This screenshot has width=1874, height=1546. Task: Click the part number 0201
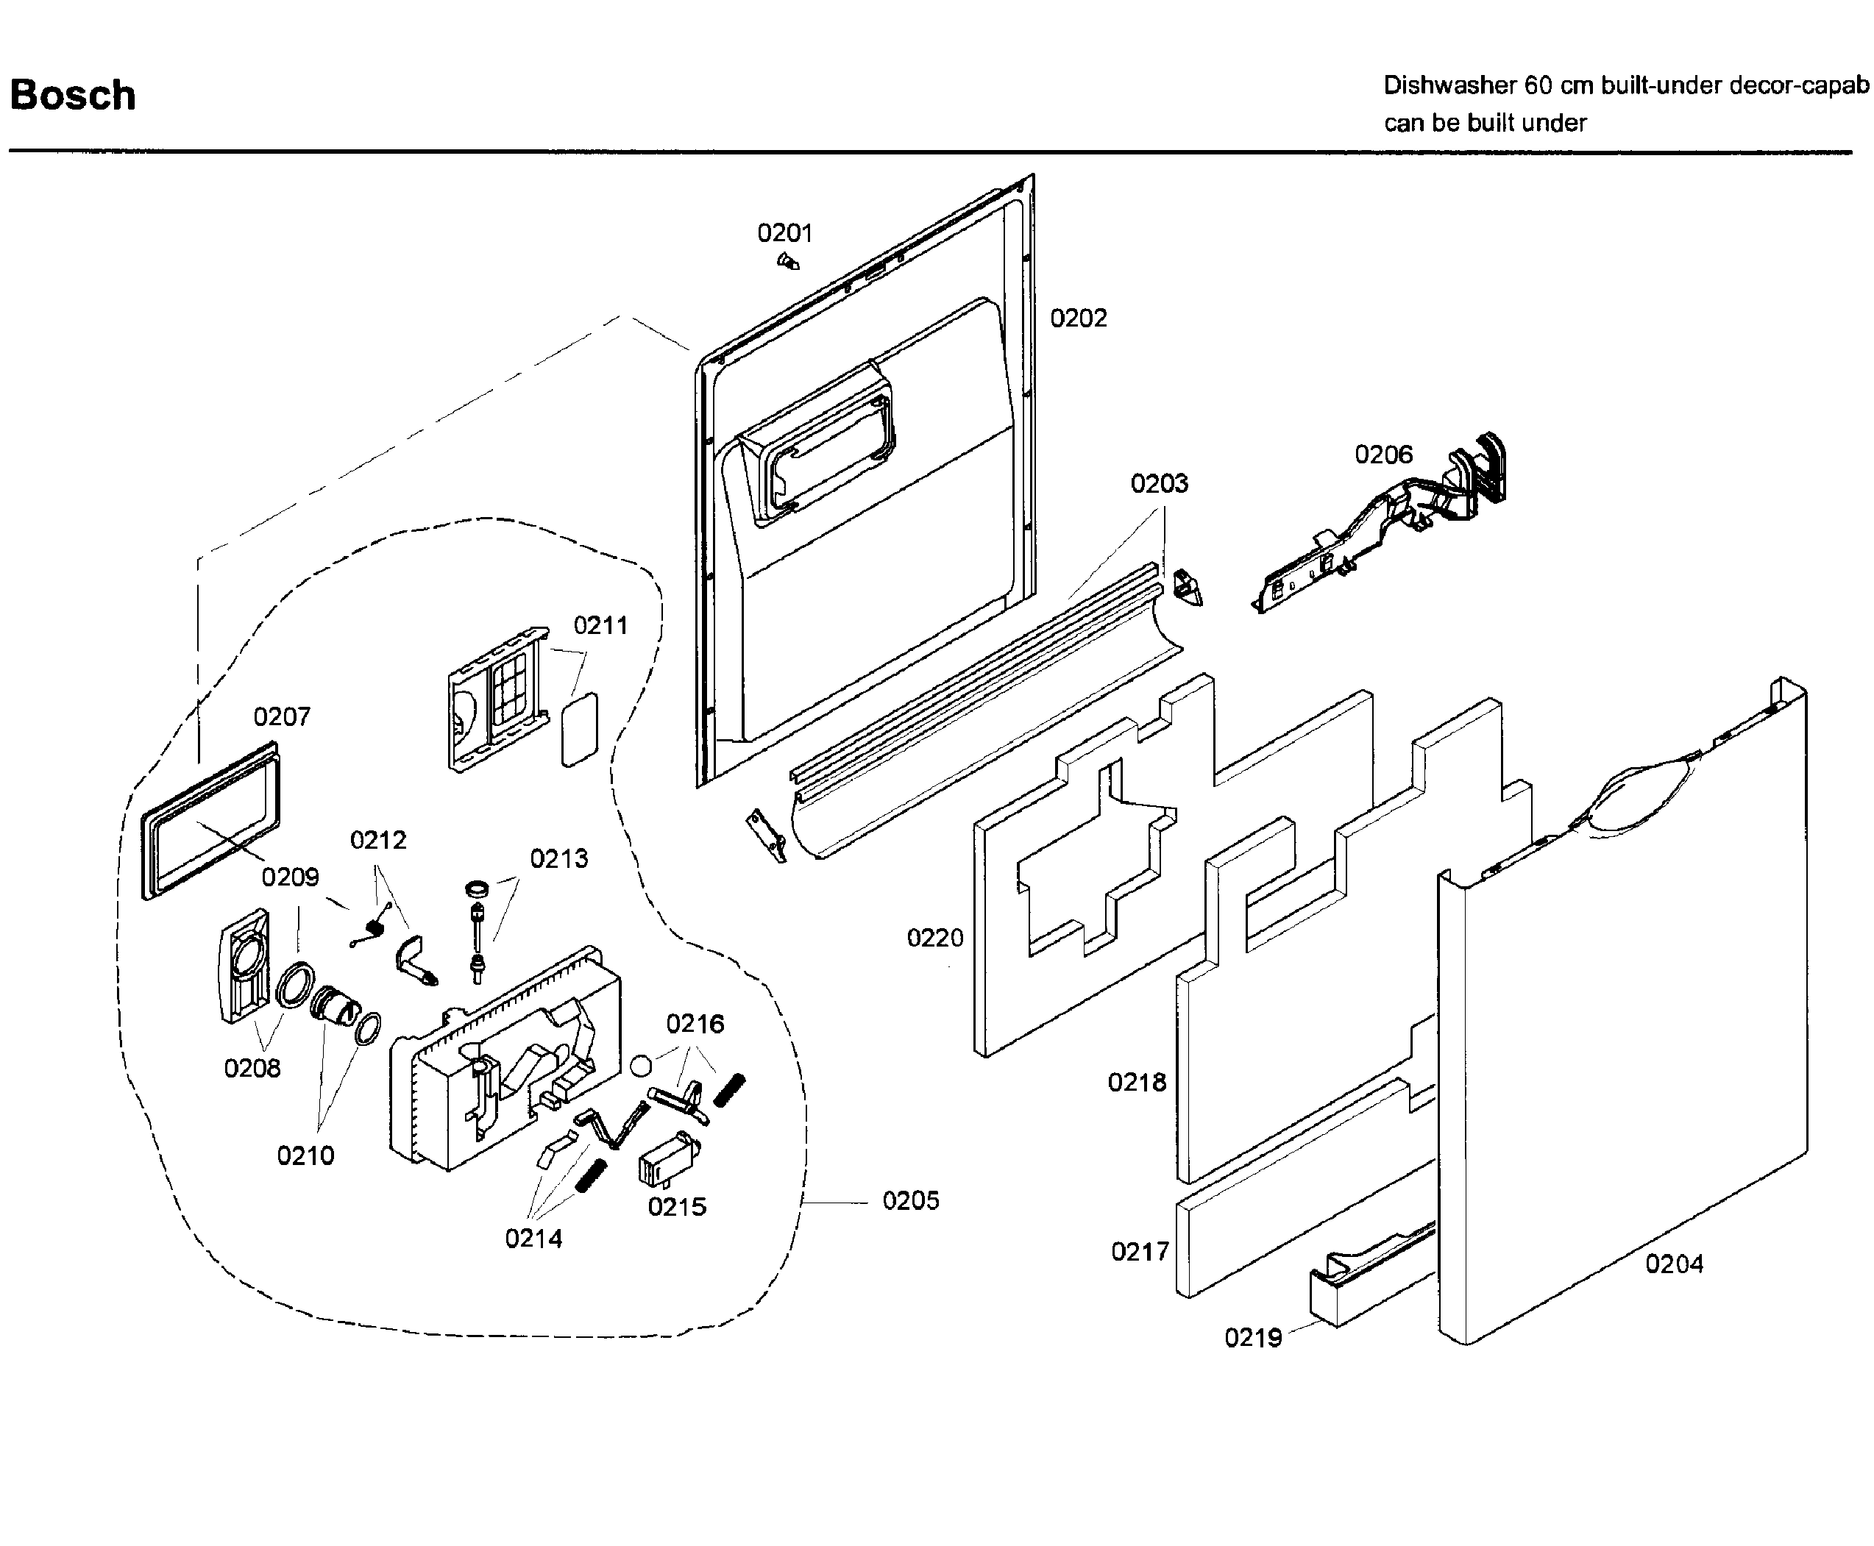[784, 233]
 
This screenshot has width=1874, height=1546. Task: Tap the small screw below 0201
[788, 262]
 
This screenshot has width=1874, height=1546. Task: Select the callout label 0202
[1078, 318]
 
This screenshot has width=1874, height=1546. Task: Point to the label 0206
[1383, 455]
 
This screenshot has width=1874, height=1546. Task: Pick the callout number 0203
[1159, 483]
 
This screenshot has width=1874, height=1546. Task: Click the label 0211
[600, 626]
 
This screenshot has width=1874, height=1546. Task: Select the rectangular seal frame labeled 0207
[210, 820]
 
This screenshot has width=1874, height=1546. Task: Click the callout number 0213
[558, 859]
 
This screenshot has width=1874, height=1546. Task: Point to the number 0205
[910, 1201]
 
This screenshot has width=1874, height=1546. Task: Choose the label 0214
[533, 1239]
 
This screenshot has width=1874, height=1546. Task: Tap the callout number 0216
[695, 1024]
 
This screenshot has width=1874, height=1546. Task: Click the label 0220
[934, 938]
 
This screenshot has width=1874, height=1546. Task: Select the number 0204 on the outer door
[1674, 1264]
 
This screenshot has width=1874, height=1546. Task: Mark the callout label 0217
[1139, 1252]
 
